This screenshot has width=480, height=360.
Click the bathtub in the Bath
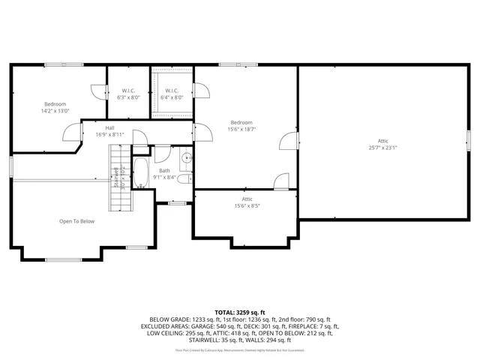tap(142, 172)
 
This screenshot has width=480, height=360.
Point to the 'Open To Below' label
tap(77, 221)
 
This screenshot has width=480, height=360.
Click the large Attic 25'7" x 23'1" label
tap(382, 144)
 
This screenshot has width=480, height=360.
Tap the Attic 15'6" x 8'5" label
tap(241, 202)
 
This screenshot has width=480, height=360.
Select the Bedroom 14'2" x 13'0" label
tap(55, 107)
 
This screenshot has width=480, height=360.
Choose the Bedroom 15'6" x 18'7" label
tap(241, 126)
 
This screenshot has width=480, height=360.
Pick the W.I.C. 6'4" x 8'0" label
tap(172, 94)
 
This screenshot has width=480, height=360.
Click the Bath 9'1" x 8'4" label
tap(164, 174)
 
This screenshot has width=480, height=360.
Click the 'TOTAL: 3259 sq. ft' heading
tap(240, 311)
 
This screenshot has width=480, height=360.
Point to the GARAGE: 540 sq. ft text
tap(226, 326)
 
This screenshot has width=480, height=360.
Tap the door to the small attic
tap(281, 181)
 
